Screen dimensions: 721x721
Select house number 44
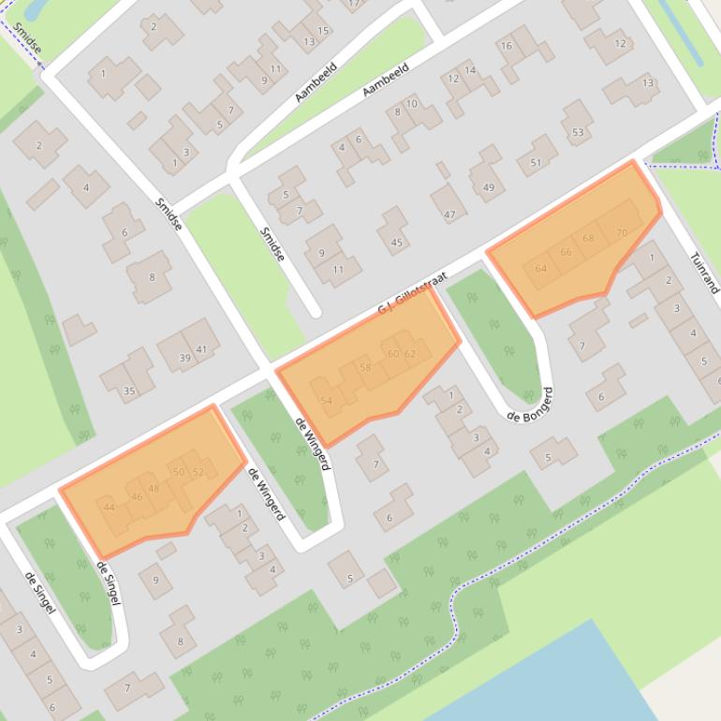tap(110, 507)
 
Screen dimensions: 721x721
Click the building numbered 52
tap(198, 472)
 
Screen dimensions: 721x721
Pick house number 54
tap(326, 401)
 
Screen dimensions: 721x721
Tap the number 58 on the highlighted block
tap(365, 368)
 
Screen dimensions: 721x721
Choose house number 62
tap(410, 354)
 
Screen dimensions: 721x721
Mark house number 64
tap(540, 269)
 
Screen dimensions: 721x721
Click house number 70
tap(622, 232)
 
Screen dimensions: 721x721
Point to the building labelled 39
tap(184, 358)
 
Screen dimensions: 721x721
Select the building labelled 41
tap(201, 349)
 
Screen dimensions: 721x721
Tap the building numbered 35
tap(129, 391)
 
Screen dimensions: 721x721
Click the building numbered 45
tap(396, 243)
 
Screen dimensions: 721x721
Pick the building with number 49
tap(488, 187)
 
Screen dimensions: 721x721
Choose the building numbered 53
tap(578, 132)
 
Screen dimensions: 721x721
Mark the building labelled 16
tap(507, 46)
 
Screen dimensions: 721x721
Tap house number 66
tap(566, 252)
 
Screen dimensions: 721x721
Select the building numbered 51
tap(536, 162)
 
